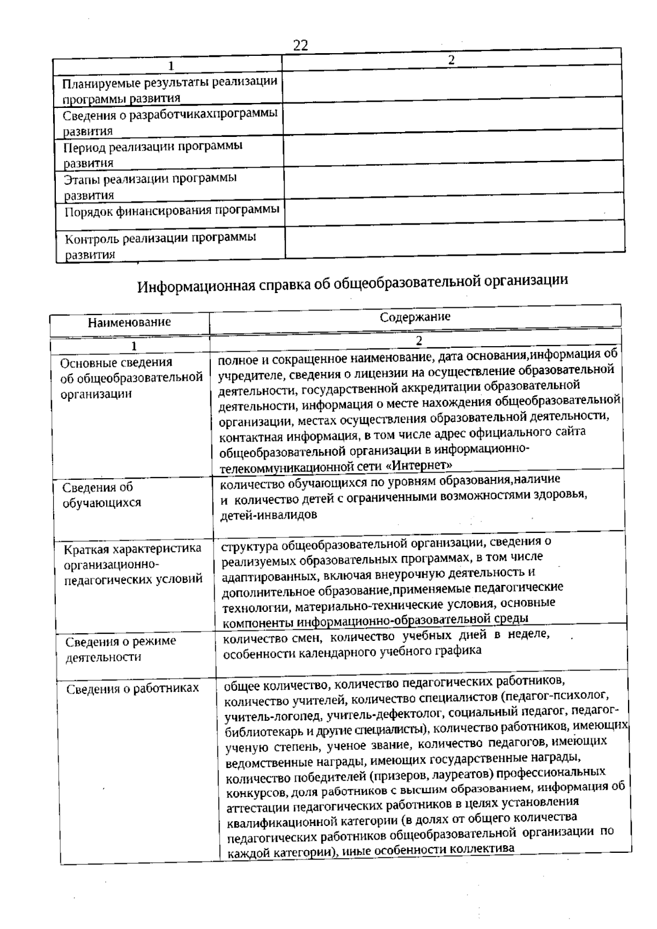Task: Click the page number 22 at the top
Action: click(x=301, y=45)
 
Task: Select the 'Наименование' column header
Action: click(x=129, y=322)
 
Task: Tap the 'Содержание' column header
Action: click(x=415, y=317)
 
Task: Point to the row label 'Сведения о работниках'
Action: click(x=132, y=689)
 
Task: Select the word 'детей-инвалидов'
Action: click(x=268, y=515)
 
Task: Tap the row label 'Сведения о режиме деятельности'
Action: click(x=120, y=649)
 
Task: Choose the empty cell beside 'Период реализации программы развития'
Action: click(x=453, y=145)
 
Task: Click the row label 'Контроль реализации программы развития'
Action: click(x=160, y=245)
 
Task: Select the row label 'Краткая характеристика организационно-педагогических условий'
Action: click(x=133, y=564)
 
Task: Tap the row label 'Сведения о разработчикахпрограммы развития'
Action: click(x=170, y=122)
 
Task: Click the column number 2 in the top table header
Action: click(x=451, y=60)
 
